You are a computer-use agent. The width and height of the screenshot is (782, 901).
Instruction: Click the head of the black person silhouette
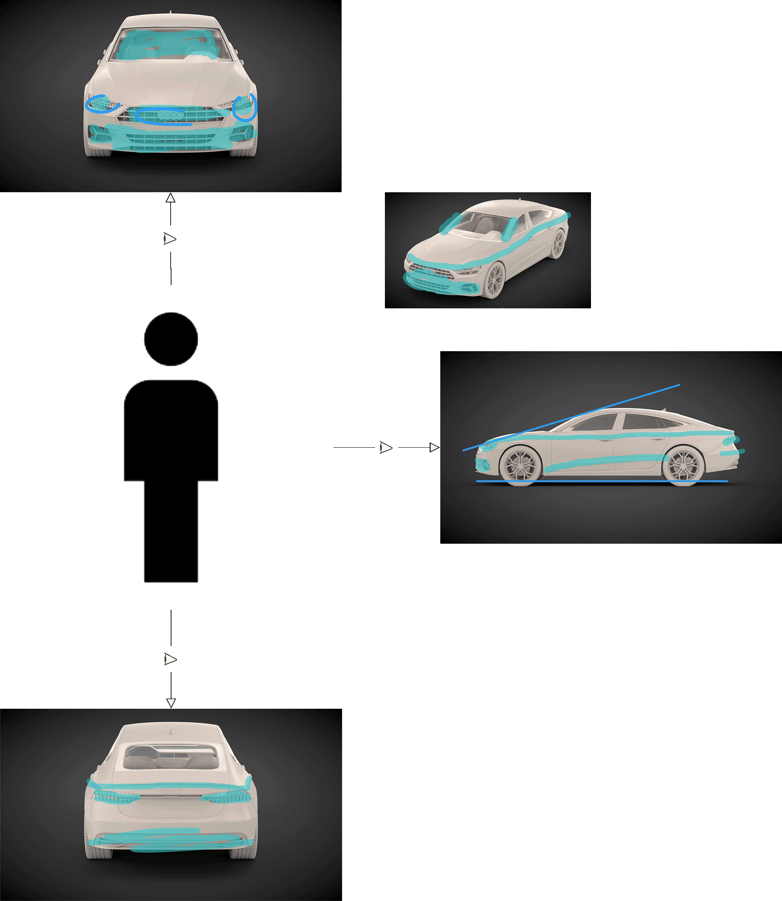171,338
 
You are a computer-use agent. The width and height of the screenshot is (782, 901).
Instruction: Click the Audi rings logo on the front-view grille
166,115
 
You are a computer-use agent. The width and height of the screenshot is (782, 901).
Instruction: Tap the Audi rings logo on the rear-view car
171,791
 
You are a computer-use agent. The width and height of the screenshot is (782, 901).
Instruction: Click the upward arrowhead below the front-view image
171,198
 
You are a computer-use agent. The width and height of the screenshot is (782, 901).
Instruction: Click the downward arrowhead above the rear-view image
171,703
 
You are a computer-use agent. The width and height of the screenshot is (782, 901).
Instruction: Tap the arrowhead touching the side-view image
434,448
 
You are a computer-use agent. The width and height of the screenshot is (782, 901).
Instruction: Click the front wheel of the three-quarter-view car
494,280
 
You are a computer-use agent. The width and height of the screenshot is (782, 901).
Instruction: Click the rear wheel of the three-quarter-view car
558,244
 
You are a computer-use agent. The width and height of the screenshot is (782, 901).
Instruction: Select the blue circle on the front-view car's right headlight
245,108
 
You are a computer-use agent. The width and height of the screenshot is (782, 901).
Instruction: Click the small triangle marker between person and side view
386,448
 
